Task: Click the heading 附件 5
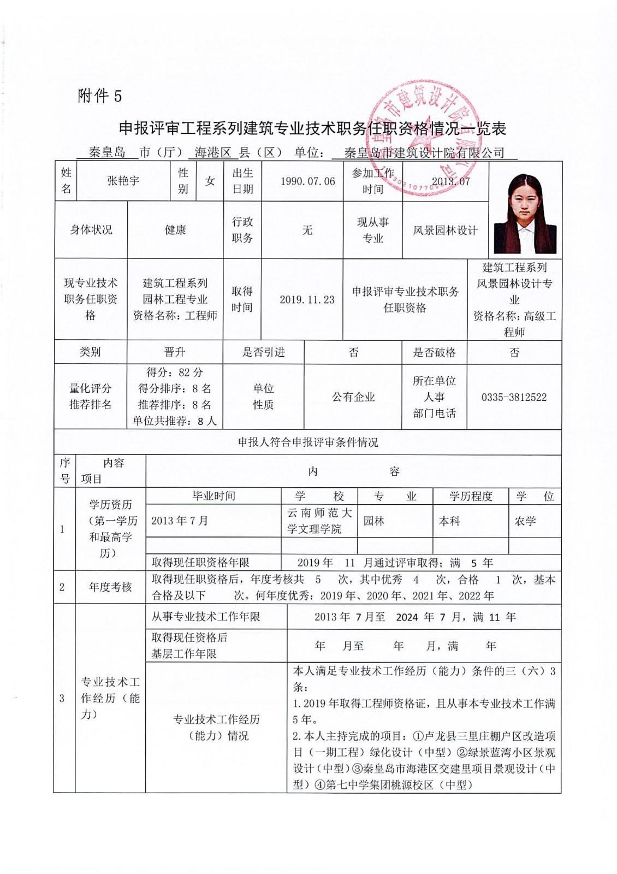point(100,96)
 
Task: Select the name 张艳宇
point(123,181)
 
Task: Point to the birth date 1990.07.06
point(307,181)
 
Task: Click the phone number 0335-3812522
point(514,397)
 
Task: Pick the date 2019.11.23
point(307,299)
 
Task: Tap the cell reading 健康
point(175,230)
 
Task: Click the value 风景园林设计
point(445,230)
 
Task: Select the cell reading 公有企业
point(353,397)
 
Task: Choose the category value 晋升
point(175,352)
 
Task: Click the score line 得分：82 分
point(175,373)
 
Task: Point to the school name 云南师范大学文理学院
point(319,521)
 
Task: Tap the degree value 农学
point(525,521)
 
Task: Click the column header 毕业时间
point(213,496)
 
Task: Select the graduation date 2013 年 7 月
point(180,521)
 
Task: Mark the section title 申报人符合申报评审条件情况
point(308,442)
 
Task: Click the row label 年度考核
point(111,587)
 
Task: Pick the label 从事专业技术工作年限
point(206,617)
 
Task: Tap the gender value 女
point(210,181)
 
